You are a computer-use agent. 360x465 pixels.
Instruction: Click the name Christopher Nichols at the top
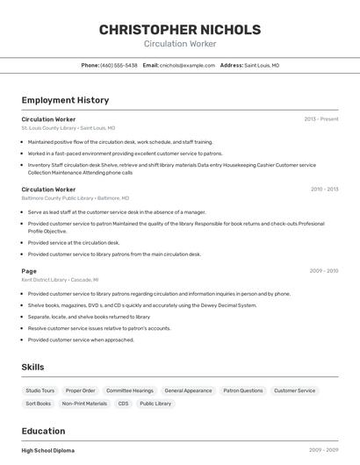(x=180, y=29)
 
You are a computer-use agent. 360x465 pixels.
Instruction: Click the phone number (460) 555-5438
(x=119, y=65)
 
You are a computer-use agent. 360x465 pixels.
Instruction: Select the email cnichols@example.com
(x=187, y=65)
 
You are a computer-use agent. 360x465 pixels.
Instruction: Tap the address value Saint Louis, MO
(x=262, y=65)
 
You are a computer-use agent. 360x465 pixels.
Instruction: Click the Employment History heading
(x=65, y=100)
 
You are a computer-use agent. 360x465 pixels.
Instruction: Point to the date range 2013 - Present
(x=320, y=118)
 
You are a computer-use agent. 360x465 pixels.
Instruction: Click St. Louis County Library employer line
(x=68, y=128)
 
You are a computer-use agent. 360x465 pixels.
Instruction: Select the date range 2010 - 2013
(x=324, y=189)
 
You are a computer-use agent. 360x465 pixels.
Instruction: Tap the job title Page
(x=29, y=271)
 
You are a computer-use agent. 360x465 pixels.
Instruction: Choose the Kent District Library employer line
(x=61, y=280)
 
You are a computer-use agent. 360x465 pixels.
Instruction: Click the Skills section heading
(x=32, y=367)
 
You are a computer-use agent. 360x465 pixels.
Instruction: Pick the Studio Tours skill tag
(x=40, y=390)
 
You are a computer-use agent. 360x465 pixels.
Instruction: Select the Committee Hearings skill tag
(x=129, y=390)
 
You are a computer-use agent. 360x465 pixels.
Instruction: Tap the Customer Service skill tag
(x=294, y=390)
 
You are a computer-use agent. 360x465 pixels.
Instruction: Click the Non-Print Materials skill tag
(x=84, y=404)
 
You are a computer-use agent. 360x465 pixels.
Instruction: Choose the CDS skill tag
(x=123, y=404)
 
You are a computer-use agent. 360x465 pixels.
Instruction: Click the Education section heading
(x=43, y=431)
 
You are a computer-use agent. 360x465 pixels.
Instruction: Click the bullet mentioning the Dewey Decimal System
(x=142, y=305)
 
